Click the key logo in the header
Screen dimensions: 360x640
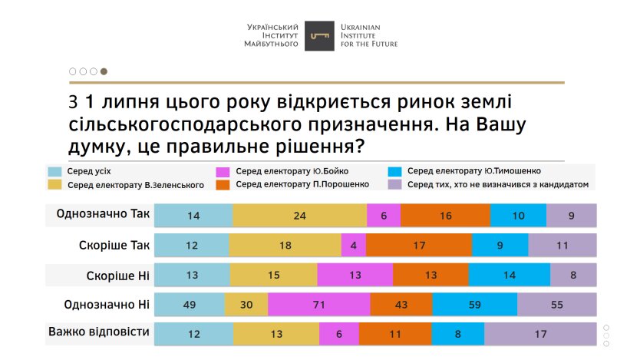(319, 36)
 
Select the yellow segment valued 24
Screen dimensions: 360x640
(299, 216)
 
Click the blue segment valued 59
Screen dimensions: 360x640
(474, 305)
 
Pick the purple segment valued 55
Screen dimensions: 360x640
(556, 305)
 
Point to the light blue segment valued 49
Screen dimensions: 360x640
(189, 305)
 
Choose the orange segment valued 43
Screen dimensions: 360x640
(401, 305)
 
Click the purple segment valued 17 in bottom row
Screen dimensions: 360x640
(540, 334)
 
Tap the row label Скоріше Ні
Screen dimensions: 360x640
(117, 274)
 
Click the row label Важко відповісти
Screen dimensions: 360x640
(98, 332)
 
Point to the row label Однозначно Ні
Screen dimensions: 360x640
(106, 304)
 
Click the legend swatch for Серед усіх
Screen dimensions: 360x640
(54, 171)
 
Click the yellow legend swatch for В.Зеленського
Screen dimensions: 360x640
(54, 184)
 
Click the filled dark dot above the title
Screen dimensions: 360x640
(104, 71)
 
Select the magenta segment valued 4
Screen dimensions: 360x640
(353, 245)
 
